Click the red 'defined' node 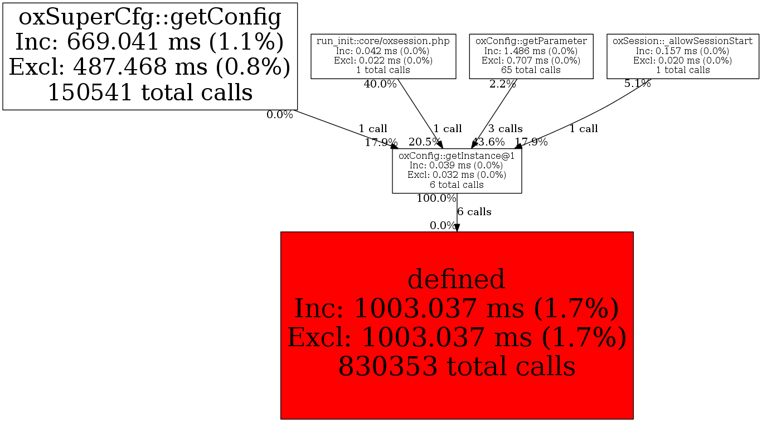(457, 324)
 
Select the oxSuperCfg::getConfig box (149, 56)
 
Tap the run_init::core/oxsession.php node (384, 56)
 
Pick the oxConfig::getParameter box (531, 56)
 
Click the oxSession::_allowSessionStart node (682, 56)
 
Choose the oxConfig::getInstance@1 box (457, 171)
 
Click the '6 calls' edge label (474, 212)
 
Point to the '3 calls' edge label (506, 129)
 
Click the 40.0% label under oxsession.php (380, 84)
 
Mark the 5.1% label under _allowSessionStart (637, 84)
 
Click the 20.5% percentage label (425, 142)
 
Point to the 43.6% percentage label (489, 142)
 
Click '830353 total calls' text (457, 367)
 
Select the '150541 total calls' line (149, 92)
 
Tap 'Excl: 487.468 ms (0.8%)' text (149, 67)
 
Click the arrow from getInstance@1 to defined (457, 217)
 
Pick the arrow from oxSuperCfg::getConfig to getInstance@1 (346, 129)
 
